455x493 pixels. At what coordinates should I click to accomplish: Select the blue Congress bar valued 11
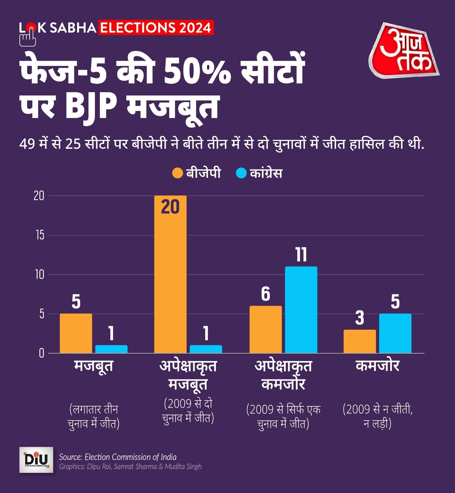[x=301, y=310]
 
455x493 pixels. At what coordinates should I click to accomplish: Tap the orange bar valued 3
[x=360, y=341]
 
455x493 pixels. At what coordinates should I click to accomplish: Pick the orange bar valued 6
[x=265, y=329]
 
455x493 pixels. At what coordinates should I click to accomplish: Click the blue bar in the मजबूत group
[x=111, y=349]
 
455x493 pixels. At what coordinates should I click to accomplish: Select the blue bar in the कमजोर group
[x=395, y=333]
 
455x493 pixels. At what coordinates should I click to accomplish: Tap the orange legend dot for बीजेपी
[x=177, y=173]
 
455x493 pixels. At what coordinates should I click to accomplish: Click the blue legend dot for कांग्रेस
[x=241, y=173]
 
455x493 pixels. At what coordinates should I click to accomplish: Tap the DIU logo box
[x=36, y=460]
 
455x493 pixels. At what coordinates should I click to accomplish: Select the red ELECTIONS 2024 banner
[x=156, y=28]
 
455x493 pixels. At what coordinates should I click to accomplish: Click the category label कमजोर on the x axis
[x=377, y=366]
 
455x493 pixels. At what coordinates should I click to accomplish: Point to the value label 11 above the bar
[x=301, y=255]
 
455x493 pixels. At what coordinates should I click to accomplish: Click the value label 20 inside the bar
[x=170, y=207]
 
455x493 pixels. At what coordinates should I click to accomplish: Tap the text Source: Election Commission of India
[x=118, y=457]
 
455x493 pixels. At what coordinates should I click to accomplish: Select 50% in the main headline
[x=197, y=72]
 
